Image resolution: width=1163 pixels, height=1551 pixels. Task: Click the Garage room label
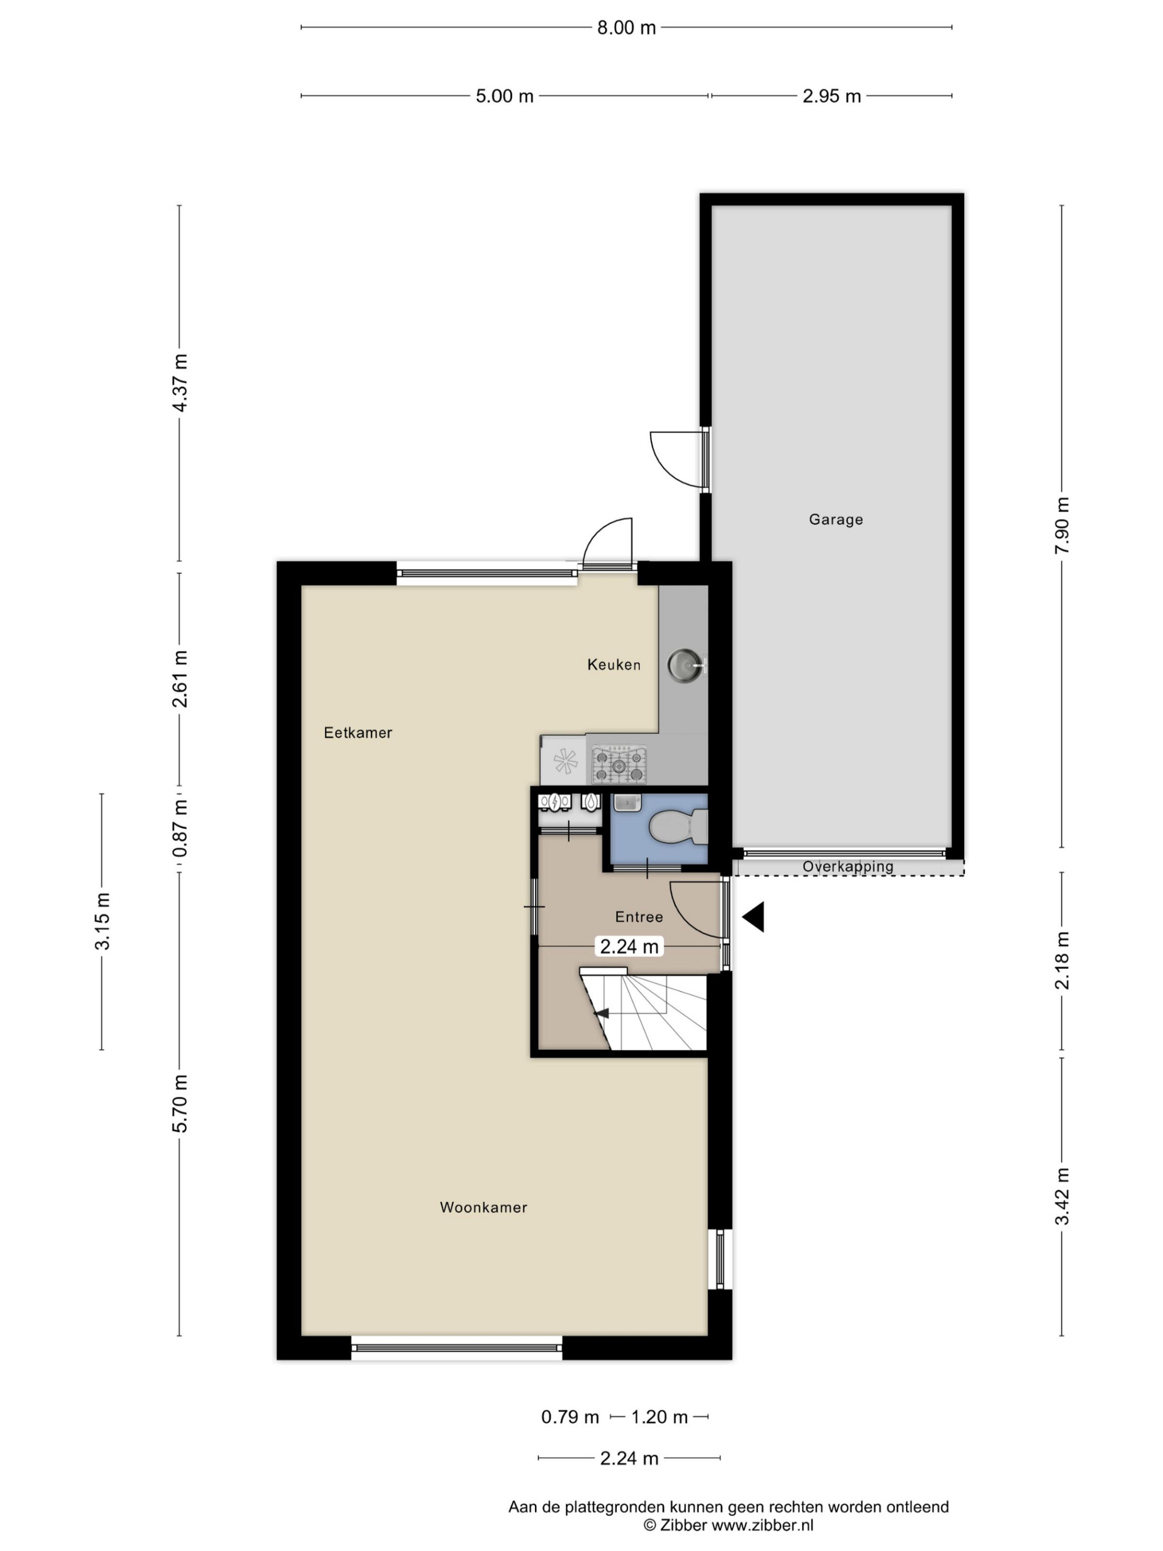click(x=835, y=519)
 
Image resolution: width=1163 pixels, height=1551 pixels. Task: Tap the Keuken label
click(x=613, y=664)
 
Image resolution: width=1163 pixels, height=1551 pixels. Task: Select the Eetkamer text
click(x=358, y=733)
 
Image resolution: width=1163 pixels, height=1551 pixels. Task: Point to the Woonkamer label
click(x=483, y=1207)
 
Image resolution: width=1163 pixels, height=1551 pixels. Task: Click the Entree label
click(x=638, y=917)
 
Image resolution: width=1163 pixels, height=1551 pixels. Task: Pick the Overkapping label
click(x=848, y=866)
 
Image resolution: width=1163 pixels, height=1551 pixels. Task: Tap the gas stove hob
click(x=618, y=765)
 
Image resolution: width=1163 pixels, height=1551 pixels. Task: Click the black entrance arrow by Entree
click(x=754, y=917)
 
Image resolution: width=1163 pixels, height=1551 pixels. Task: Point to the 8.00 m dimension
click(x=626, y=27)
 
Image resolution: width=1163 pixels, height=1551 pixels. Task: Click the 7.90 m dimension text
click(x=1062, y=525)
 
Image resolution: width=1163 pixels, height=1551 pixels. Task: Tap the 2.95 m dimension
click(x=832, y=96)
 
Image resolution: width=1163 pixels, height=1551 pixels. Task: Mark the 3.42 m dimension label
click(x=1062, y=1196)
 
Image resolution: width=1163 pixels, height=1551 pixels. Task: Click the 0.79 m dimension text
click(x=570, y=1417)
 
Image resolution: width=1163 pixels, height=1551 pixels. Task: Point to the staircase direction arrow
click(x=601, y=1013)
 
